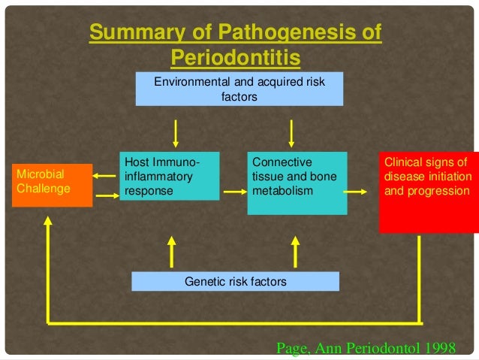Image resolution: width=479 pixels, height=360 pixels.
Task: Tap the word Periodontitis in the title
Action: point(236,57)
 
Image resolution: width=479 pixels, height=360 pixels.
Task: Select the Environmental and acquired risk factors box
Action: point(239,89)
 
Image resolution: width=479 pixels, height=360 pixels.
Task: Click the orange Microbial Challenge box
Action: point(51,182)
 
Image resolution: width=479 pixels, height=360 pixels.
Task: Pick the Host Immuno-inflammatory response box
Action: point(170,177)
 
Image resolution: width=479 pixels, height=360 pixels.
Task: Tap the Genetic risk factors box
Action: point(235,282)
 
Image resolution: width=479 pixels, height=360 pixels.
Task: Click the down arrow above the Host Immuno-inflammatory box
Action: point(176,133)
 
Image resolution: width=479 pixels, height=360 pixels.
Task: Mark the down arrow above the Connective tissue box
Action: point(291,133)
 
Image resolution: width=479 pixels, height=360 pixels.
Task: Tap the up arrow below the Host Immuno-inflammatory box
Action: point(172,250)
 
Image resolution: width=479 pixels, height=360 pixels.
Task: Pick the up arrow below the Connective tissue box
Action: point(295,250)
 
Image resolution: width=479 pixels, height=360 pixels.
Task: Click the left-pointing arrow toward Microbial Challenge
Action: point(105,176)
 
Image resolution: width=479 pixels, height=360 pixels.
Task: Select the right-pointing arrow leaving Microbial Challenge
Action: point(106,197)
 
